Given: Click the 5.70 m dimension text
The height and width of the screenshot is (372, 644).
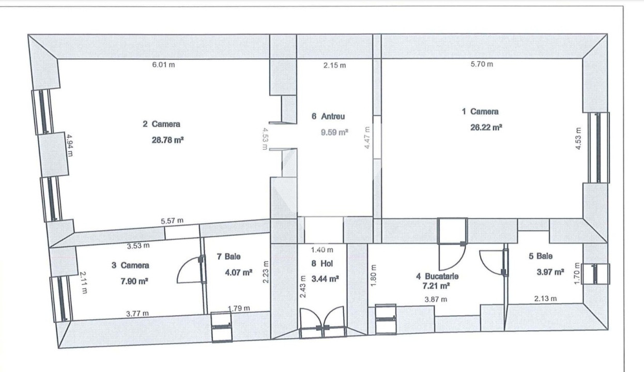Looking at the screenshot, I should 481,64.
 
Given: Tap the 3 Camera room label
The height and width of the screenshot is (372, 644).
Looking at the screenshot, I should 130,266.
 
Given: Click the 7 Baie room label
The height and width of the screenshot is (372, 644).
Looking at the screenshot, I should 228,256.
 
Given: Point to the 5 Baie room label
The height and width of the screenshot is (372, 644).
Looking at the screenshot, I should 541,256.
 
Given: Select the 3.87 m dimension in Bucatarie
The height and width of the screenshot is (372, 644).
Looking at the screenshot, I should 436,299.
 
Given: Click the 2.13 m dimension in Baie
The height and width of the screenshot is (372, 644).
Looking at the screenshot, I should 546,298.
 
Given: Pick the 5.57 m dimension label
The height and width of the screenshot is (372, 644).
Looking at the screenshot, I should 172,221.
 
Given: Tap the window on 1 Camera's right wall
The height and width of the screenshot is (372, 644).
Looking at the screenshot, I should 598,147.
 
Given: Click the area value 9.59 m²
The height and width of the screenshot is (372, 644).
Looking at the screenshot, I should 334,132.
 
